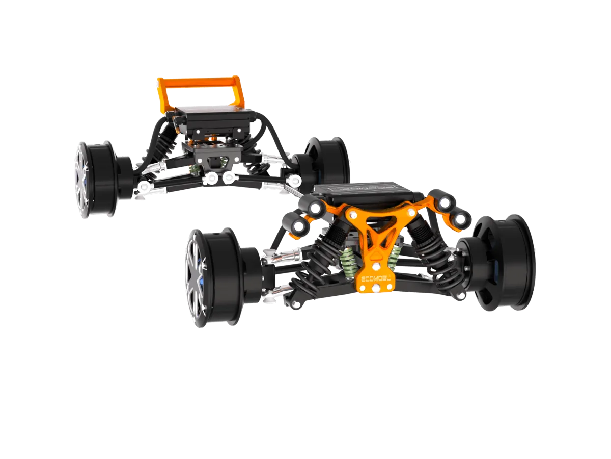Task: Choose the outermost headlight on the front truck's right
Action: [x=461, y=220]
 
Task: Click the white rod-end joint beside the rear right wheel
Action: [x=294, y=180]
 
